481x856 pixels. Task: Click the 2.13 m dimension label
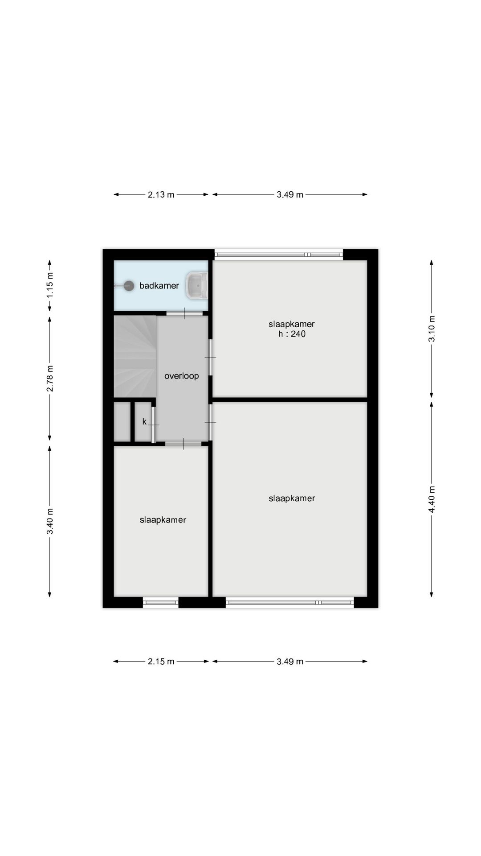tap(161, 195)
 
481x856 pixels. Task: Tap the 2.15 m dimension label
tap(161, 662)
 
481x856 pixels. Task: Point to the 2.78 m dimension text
tap(50, 379)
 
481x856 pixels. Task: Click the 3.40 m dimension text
tap(50, 521)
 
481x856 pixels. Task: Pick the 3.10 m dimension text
tap(432, 329)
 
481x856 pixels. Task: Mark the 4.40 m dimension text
tap(432, 499)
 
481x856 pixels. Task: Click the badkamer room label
tap(159, 286)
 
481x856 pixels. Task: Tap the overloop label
tap(181, 376)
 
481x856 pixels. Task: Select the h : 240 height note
tap(292, 334)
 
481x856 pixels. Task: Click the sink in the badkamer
tap(196, 285)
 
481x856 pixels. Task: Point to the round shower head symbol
tap(129, 286)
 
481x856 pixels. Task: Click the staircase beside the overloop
tap(135, 356)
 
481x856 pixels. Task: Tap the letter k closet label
tap(144, 421)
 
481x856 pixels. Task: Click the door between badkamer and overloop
tap(184, 313)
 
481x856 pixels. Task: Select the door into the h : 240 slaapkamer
tap(211, 357)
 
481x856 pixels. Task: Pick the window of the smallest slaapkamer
tap(161, 603)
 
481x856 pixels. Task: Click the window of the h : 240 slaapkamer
tap(279, 255)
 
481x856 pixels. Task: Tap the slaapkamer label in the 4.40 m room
tap(292, 498)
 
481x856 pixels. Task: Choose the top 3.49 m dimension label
tap(290, 195)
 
